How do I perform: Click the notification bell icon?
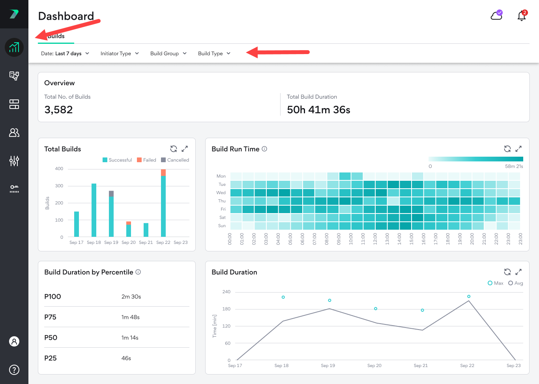pos(522,16)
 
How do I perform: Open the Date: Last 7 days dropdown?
pos(65,54)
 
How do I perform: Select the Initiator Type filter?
pos(120,54)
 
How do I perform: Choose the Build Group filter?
pos(168,54)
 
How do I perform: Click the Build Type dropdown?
pos(214,54)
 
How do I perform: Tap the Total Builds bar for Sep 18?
pos(94,210)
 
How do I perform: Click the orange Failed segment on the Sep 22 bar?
pos(163,172)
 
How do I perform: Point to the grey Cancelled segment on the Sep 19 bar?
pos(111,193)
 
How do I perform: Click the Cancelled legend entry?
pos(175,160)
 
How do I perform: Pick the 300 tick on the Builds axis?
pos(59,186)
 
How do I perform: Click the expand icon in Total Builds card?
pos(185,149)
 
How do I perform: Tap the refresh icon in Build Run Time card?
pos(507,149)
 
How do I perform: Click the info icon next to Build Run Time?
pos(264,149)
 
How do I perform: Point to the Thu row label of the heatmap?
pos(222,201)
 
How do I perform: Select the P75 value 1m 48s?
pos(130,317)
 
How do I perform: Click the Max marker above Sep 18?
pos(283,297)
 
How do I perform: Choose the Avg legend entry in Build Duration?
pos(516,283)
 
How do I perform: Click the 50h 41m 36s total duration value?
pos(318,110)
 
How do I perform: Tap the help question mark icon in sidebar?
pos(14,370)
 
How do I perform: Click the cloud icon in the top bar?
pos(496,15)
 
